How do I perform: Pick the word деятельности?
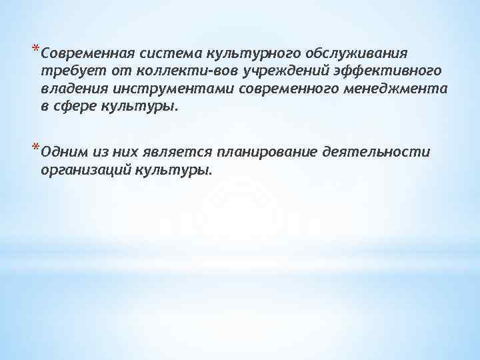coord(376,153)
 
